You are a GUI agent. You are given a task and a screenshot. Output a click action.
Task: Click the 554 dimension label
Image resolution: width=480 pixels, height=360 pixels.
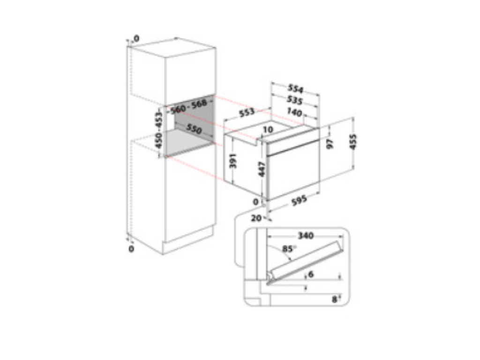tap(295, 89)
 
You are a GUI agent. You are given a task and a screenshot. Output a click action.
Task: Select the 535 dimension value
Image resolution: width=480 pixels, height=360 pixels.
tap(295, 100)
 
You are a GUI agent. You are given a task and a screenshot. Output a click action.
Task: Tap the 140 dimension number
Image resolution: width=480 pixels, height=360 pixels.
tap(294, 112)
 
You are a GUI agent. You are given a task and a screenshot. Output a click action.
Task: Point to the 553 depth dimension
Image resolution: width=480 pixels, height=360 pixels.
tap(247, 112)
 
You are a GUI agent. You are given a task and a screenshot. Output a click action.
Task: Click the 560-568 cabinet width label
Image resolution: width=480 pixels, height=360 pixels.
tap(188, 106)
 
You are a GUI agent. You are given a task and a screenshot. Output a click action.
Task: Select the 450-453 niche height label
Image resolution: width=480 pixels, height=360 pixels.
tap(158, 130)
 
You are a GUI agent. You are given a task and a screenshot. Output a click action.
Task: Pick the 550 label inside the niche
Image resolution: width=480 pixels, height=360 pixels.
tap(194, 129)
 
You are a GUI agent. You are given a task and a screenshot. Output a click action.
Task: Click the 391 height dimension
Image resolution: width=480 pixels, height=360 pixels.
tap(233, 161)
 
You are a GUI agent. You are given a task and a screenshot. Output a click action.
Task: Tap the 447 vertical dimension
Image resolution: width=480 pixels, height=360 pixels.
tap(262, 169)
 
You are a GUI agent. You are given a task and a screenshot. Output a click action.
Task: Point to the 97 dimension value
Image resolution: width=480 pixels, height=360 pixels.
tap(330, 144)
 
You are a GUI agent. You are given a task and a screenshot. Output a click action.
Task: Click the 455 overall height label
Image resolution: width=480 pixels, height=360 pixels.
tap(353, 142)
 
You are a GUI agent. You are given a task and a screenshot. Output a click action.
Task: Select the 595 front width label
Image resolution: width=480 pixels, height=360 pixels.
tap(299, 201)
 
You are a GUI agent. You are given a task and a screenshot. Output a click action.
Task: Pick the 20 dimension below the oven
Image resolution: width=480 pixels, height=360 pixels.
tap(256, 218)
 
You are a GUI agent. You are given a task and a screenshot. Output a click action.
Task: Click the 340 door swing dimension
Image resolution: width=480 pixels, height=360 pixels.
tap(306, 235)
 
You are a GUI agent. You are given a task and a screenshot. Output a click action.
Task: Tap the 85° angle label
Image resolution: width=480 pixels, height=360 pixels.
tap(289, 249)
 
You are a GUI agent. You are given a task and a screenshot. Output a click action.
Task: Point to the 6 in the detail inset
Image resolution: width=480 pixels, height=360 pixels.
tap(311, 274)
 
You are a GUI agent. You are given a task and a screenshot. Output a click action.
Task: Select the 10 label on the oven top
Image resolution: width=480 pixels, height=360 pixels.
tap(268, 130)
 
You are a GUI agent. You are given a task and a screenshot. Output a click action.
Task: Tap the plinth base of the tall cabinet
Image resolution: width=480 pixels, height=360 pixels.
tap(188, 240)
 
